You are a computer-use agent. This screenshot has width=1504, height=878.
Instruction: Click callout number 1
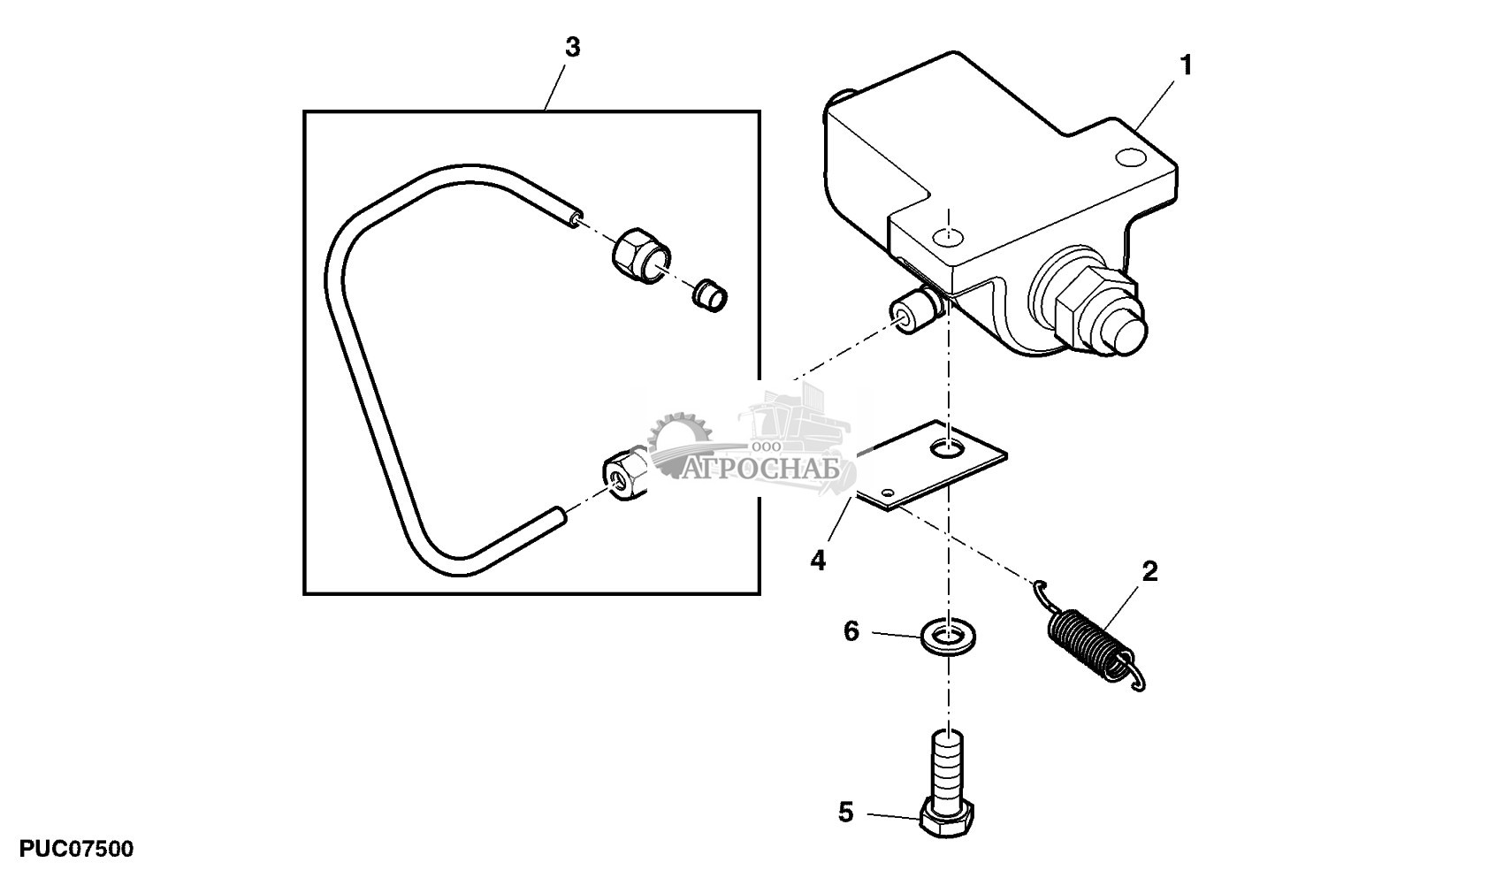coord(1186,66)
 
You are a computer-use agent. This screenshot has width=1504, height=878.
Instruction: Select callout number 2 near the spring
coord(1149,571)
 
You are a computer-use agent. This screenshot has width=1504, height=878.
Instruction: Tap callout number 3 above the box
coord(572,48)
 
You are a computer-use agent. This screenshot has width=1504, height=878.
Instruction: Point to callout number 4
coord(818,560)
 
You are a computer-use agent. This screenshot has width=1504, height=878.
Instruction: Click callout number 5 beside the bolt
coord(845,813)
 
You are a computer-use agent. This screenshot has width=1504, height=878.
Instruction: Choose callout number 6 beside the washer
coord(851,631)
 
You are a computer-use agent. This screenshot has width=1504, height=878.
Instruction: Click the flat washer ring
coord(949,636)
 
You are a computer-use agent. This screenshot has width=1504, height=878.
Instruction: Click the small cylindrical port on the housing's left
coord(912,316)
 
